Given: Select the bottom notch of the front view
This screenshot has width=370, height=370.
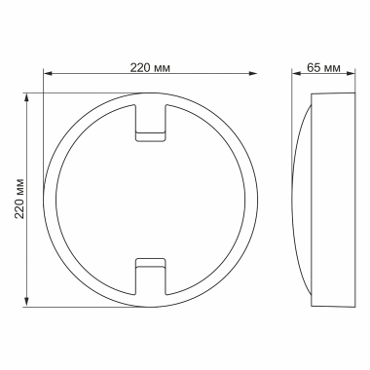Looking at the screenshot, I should pos(150,275).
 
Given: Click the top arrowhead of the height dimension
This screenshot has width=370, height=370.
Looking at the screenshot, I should pos(26,96).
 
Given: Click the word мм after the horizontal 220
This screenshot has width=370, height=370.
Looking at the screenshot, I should pos(166,67).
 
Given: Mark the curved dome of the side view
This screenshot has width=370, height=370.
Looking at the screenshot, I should pos(302,199).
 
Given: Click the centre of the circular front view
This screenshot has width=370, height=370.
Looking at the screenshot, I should pos(150,199).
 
